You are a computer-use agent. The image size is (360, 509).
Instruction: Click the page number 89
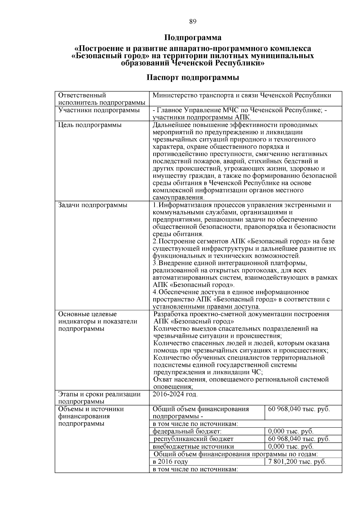point(193,21)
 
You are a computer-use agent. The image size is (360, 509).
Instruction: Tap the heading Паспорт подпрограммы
point(193,78)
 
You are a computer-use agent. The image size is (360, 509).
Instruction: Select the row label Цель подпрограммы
point(90,125)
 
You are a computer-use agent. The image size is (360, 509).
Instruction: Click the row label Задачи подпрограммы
point(93,205)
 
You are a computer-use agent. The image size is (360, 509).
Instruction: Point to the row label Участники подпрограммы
point(99,110)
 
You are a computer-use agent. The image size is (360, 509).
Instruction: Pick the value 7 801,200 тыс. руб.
point(297,462)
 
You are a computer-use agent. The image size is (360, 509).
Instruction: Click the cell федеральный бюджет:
point(187,432)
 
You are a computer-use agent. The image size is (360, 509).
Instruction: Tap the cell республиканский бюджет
point(193,439)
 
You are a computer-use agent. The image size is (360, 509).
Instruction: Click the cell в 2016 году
point(170,462)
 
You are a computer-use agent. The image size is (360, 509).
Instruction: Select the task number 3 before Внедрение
point(154,263)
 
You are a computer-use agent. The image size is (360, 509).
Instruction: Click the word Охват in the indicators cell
point(163,379)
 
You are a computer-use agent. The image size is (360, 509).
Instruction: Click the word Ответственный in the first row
point(82,95)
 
